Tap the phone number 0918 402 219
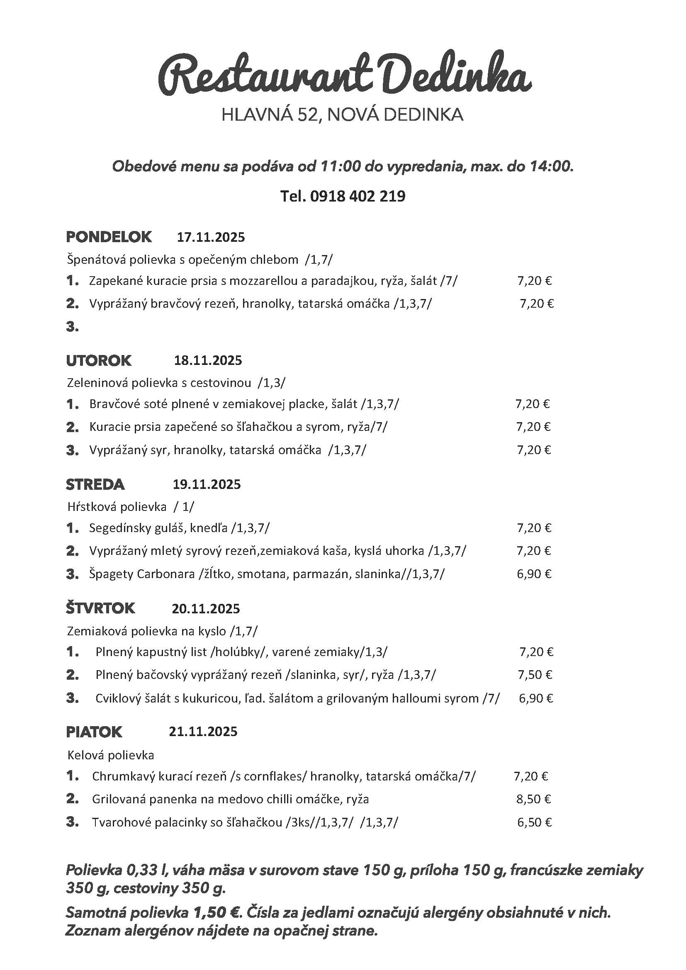coord(358,196)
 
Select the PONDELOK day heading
coord(109,236)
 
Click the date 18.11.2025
coord(208,360)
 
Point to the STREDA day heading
coord(95,484)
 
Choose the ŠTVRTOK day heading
coord(100,608)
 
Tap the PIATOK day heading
coord(94,732)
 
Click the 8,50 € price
coord(533,799)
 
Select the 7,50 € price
coord(535,675)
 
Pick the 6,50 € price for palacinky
coord(534,822)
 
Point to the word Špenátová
coord(96,259)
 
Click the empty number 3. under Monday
coord(72,326)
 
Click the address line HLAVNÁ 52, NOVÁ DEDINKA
coord(342,115)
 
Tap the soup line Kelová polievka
coord(111,755)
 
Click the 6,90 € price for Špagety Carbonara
coord(534,574)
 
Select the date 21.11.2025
coord(203,732)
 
